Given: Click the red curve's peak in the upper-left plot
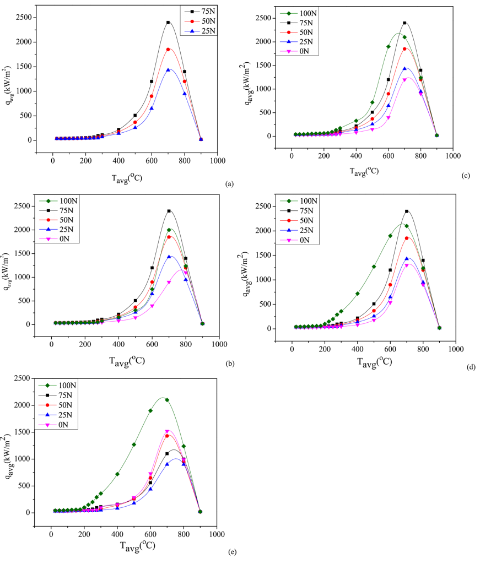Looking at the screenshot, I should coord(169,48).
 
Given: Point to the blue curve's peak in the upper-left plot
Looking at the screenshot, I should coord(169,69).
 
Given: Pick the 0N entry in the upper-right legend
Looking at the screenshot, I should coord(305,51).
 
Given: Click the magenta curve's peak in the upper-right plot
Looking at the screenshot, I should coord(408,78).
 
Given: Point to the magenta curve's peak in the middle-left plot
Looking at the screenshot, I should coord(181,270).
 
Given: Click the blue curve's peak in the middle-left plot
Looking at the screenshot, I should coord(170,256).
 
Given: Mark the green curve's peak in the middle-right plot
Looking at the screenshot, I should coord(403,224).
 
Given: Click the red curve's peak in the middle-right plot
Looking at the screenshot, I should coord(408,238).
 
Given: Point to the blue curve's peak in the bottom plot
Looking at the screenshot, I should coord(176,458).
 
